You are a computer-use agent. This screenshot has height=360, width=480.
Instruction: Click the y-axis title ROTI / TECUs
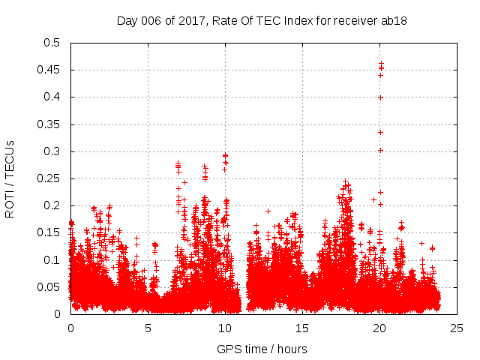point(10,178)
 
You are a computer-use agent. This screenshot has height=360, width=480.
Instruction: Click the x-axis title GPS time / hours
point(262,349)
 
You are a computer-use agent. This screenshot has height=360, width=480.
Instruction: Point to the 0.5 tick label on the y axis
point(52,43)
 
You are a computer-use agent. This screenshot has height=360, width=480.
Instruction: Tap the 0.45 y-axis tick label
point(49,70)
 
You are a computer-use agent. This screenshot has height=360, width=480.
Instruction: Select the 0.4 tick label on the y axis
point(52,97)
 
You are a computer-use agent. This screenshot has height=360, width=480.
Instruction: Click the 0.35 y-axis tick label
point(49,124)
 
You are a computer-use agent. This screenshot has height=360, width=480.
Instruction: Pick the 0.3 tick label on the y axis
point(52,151)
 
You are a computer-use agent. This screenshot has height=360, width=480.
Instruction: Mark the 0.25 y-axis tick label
point(49,178)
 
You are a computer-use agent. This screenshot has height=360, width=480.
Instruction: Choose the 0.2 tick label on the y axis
point(52,205)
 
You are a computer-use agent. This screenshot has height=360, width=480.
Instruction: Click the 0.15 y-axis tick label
point(49,233)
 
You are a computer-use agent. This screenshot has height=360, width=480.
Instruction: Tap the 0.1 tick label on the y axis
point(52,260)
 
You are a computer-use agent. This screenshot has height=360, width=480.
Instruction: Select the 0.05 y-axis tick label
point(49,287)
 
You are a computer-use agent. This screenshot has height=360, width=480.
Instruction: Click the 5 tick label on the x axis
point(148,328)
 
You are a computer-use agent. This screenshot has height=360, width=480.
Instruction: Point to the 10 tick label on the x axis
point(225,328)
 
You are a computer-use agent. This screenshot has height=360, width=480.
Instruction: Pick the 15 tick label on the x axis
point(302,328)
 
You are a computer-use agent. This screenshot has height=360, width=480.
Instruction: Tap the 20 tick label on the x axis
point(379,328)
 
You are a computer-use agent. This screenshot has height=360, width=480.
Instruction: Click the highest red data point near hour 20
point(381,63)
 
